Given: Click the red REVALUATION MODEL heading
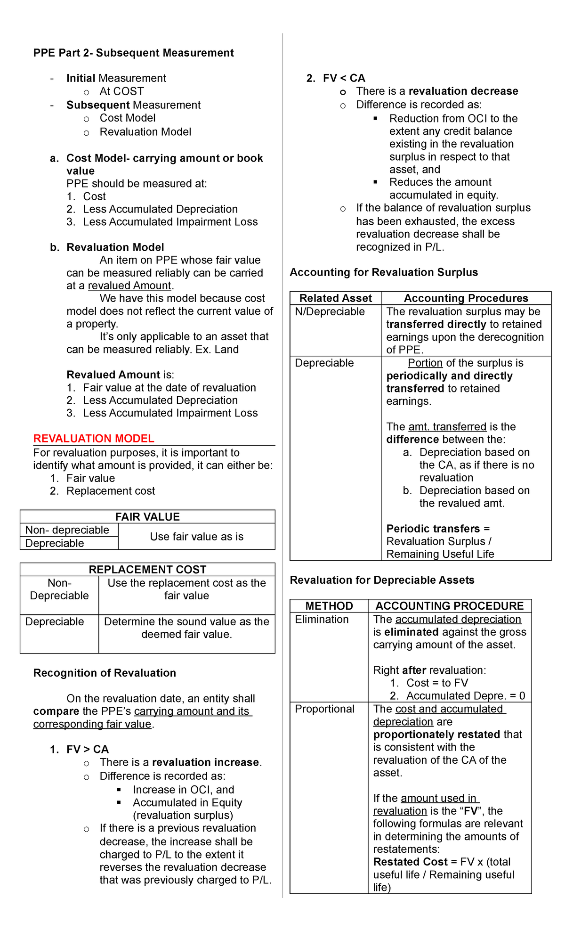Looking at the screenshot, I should [94, 439].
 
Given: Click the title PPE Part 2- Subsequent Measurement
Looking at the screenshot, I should [133, 53].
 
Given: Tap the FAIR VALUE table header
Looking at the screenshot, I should [147, 517].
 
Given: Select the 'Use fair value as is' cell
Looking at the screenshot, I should [196, 537].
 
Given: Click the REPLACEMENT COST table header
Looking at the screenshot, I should [147, 570].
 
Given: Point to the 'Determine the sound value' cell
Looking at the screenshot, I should [186, 628].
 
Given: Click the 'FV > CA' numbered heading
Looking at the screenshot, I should [87, 749].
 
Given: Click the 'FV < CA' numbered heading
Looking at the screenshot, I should [344, 78].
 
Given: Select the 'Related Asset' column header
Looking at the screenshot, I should [335, 298].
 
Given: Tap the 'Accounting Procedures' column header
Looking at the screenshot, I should [466, 298].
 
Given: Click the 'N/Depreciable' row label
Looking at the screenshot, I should [330, 311].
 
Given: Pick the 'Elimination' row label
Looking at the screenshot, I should [322, 619].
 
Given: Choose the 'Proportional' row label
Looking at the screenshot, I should [324, 709].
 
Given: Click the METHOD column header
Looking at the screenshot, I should [329, 606].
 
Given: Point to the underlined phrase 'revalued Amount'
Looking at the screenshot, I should [129, 286].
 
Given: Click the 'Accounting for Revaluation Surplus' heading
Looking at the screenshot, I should [384, 272].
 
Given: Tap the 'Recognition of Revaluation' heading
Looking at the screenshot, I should [105, 673].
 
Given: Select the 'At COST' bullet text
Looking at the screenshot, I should [121, 91].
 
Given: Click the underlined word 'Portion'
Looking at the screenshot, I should [425, 363].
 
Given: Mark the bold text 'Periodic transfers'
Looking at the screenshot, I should [433, 529].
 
